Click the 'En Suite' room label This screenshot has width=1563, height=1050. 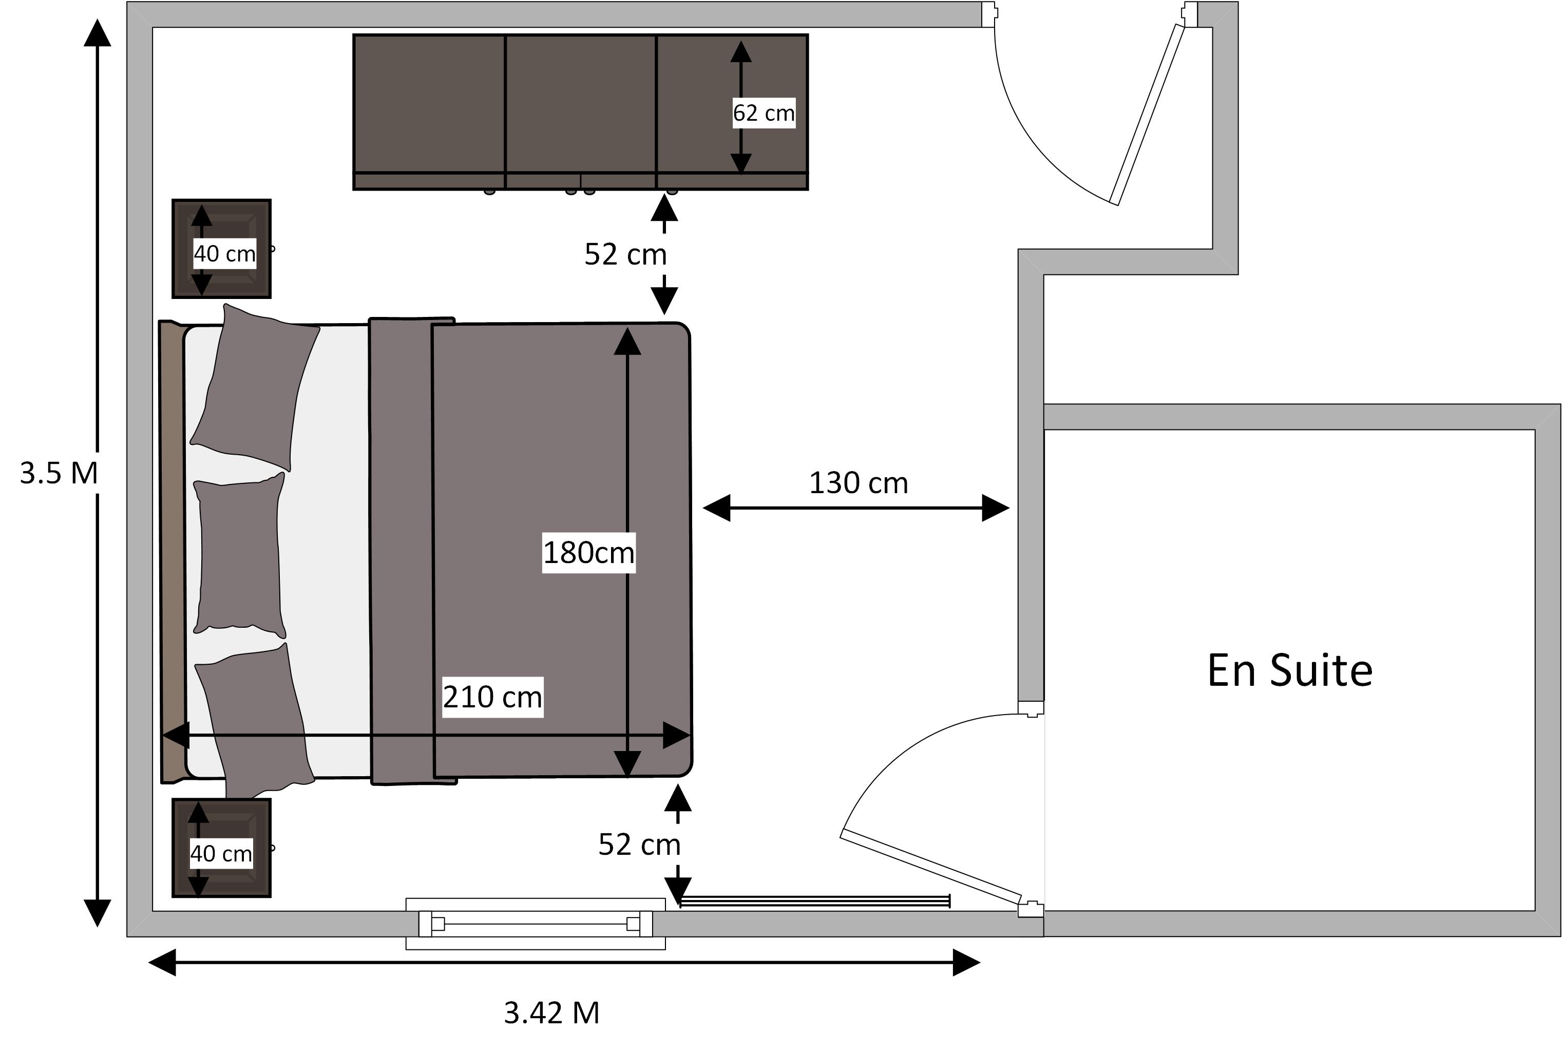[1290, 670]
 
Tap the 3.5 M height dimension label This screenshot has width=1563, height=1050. [59, 473]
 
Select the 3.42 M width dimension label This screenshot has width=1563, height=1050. [551, 1013]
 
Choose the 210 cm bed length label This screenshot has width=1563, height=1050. [492, 697]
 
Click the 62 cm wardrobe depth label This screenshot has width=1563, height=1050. [764, 113]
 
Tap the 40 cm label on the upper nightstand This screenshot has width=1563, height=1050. [224, 253]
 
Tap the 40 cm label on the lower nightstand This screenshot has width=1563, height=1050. [221, 853]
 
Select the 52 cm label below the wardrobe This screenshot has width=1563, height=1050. [625, 254]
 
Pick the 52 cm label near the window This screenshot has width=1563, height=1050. [639, 845]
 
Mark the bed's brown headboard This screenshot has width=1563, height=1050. [172, 551]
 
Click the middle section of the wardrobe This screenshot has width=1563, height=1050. [580, 112]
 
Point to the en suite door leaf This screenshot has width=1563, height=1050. [931, 867]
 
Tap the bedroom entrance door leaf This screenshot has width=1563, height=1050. [1147, 115]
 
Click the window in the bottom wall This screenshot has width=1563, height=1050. [536, 924]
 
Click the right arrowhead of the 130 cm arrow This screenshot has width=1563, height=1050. [996, 508]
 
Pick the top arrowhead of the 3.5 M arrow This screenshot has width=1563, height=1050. [97, 32]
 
